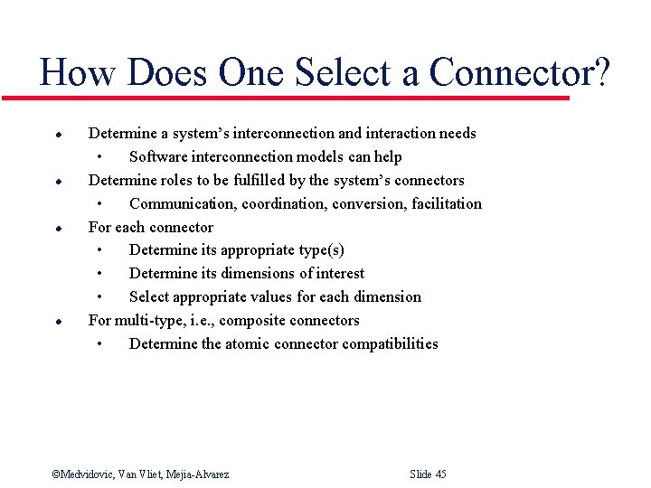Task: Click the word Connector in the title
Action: (x=512, y=72)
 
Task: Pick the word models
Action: (x=323, y=157)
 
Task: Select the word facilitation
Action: (x=447, y=204)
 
